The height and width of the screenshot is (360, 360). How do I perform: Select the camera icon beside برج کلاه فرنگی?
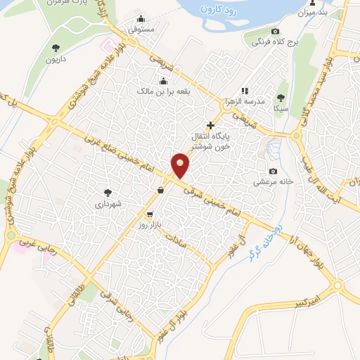pyautogui.click(x=275, y=32)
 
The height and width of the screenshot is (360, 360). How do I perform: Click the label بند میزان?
pyautogui.click(x=314, y=13)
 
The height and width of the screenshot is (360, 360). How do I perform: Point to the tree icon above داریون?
pyautogui.click(x=56, y=48)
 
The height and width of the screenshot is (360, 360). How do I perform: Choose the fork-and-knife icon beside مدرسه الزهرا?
pyautogui.click(x=244, y=91)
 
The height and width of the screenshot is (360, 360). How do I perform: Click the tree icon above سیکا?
pyautogui.click(x=281, y=98)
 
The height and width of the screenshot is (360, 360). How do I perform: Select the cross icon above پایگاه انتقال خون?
pyautogui.click(x=210, y=125)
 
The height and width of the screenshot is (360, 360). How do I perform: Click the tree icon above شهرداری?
pyautogui.click(x=108, y=192)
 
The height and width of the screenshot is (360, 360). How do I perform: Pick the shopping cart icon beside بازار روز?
pyautogui.click(x=150, y=214)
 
